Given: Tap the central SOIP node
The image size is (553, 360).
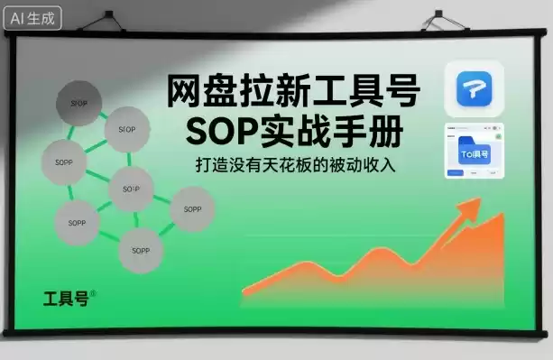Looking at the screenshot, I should click(131, 189).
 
